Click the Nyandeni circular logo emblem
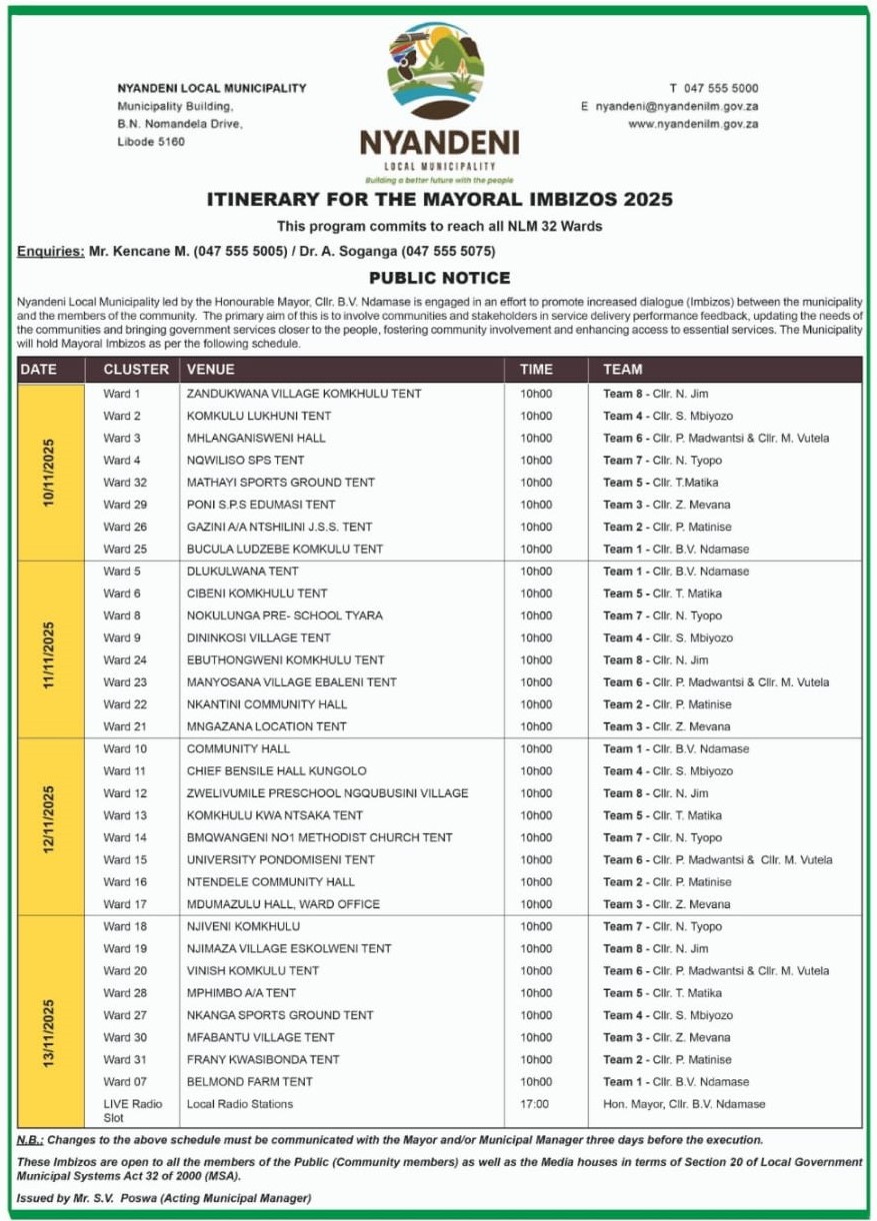tap(439, 72)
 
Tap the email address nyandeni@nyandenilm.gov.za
tap(676, 106)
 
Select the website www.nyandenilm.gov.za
tap(693, 124)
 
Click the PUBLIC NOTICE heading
tap(439, 278)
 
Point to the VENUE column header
tap(210, 370)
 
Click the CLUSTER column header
tap(136, 370)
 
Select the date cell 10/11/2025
tap(49, 472)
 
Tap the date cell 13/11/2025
tap(49, 1032)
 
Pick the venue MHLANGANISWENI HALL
tap(256, 438)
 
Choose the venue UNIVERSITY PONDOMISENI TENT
tap(281, 859)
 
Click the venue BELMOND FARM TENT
tap(249, 1081)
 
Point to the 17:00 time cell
tap(534, 1104)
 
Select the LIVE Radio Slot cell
tap(134, 1110)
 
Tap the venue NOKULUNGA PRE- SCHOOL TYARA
tap(284, 615)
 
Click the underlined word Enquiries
tap(50, 251)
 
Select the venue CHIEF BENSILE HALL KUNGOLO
tap(276, 770)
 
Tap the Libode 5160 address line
tap(151, 142)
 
